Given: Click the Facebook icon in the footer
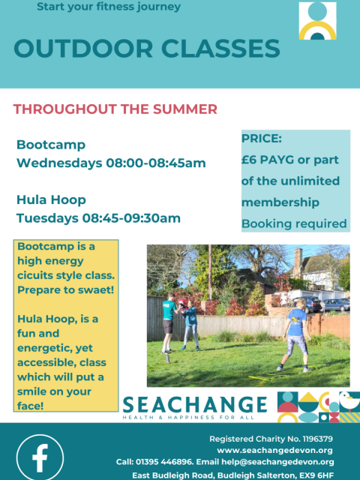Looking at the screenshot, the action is coord(40,458).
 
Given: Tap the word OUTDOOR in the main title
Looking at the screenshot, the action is coord(83,49).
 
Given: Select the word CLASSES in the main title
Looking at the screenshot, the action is coord(220,49).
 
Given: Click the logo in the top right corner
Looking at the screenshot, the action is coord(317,21).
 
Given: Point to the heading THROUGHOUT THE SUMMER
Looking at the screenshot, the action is coord(115,109).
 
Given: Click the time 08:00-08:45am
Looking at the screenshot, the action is coord(156,163).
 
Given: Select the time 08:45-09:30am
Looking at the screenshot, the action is coord(131,218).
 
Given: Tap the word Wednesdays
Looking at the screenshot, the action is coord(59,163).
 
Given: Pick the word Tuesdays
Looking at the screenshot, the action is coord(47,218).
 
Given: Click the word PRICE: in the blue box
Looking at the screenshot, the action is coord(262,139).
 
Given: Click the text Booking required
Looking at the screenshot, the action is coord(294,223).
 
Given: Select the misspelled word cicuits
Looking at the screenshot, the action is coord(34,275).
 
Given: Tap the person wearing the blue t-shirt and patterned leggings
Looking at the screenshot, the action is coord(295,335).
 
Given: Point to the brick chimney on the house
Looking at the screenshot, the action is coord(298,262).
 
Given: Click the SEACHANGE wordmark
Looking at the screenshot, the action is coord(195,405).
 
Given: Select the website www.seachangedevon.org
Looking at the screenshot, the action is coord(274,450).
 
